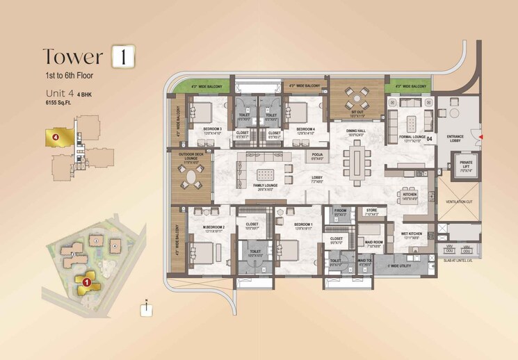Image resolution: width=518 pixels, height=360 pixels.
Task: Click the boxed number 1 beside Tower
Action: coord(122,56)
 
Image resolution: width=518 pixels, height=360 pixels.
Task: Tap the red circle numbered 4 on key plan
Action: coord(55,137)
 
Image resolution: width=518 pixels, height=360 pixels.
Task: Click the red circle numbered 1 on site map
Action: coord(86,282)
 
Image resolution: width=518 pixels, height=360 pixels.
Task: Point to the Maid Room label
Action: coord(375,243)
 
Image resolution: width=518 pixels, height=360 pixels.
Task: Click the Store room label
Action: coord(372,212)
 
